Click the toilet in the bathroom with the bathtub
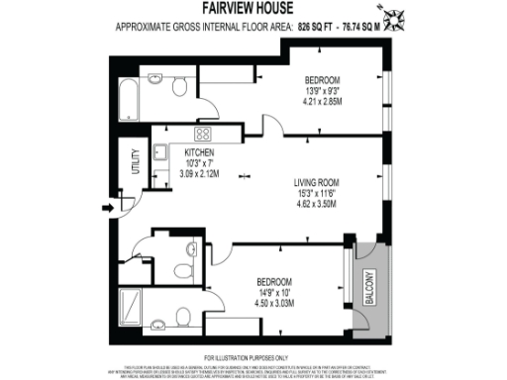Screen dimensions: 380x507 point(179,86)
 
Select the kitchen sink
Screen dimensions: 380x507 point(159,154)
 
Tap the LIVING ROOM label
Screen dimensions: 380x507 point(316,182)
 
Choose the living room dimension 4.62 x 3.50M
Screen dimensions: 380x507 point(316,204)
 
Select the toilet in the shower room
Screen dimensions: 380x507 point(184,314)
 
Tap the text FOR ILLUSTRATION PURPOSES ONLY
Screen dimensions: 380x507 point(253,356)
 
